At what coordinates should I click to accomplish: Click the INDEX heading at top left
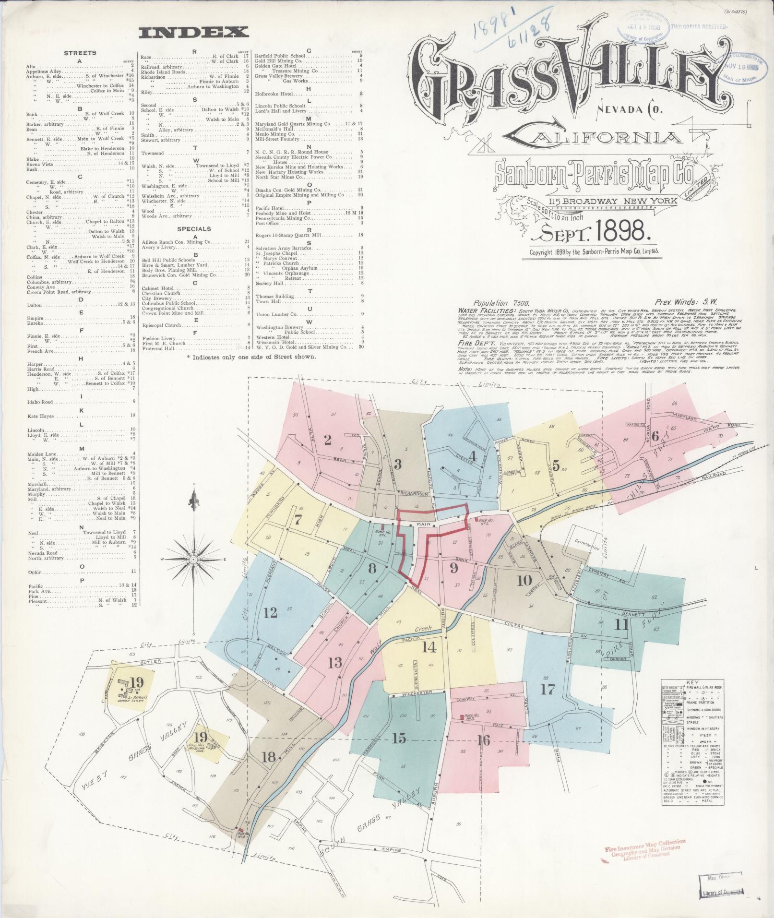point(193,33)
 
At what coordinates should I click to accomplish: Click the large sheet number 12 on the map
point(270,612)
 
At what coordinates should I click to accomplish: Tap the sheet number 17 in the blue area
point(548,690)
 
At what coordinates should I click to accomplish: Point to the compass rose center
point(193,560)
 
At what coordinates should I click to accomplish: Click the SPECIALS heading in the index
point(194,228)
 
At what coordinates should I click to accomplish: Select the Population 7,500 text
point(496,303)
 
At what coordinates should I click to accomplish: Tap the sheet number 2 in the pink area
point(328,440)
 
